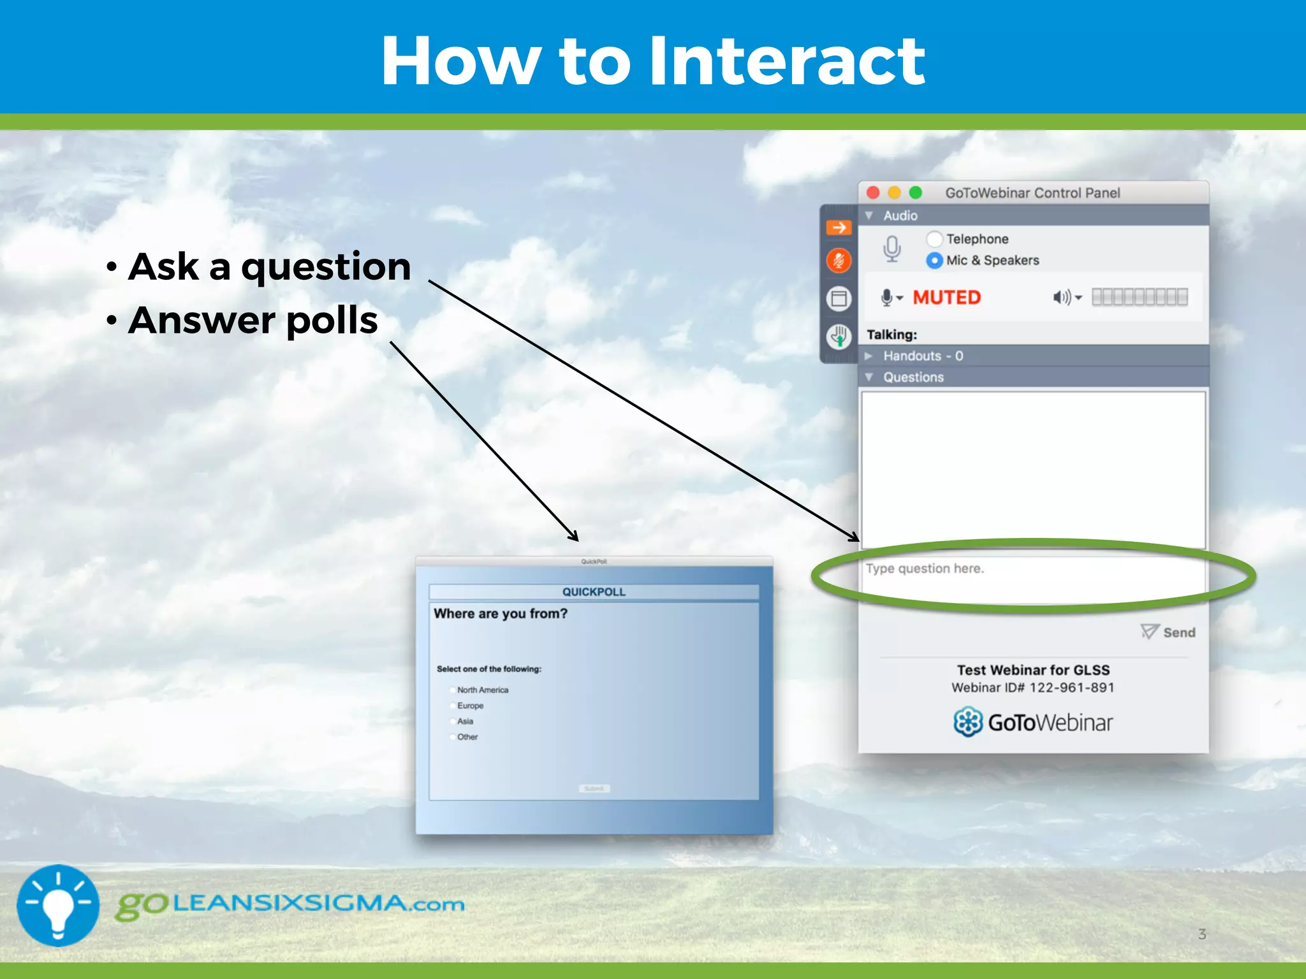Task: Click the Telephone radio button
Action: coord(934,239)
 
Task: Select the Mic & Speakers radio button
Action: coord(934,260)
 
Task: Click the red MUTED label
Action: coord(946,298)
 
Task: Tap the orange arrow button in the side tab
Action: coord(839,228)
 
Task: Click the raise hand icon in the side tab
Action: coord(839,336)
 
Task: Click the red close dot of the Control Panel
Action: coord(873,192)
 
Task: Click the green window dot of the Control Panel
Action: coord(916,192)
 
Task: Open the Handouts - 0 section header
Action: coord(922,356)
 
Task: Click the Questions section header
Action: coord(913,377)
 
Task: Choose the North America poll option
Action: coord(453,690)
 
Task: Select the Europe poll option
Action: coord(453,706)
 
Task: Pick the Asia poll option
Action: coord(453,722)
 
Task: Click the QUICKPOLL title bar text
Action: coord(594,592)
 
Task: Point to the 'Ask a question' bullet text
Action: coord(270,266)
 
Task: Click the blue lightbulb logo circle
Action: coord(58,905)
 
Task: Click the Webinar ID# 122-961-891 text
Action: coord(1032,688)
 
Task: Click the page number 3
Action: coord(1202,934)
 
